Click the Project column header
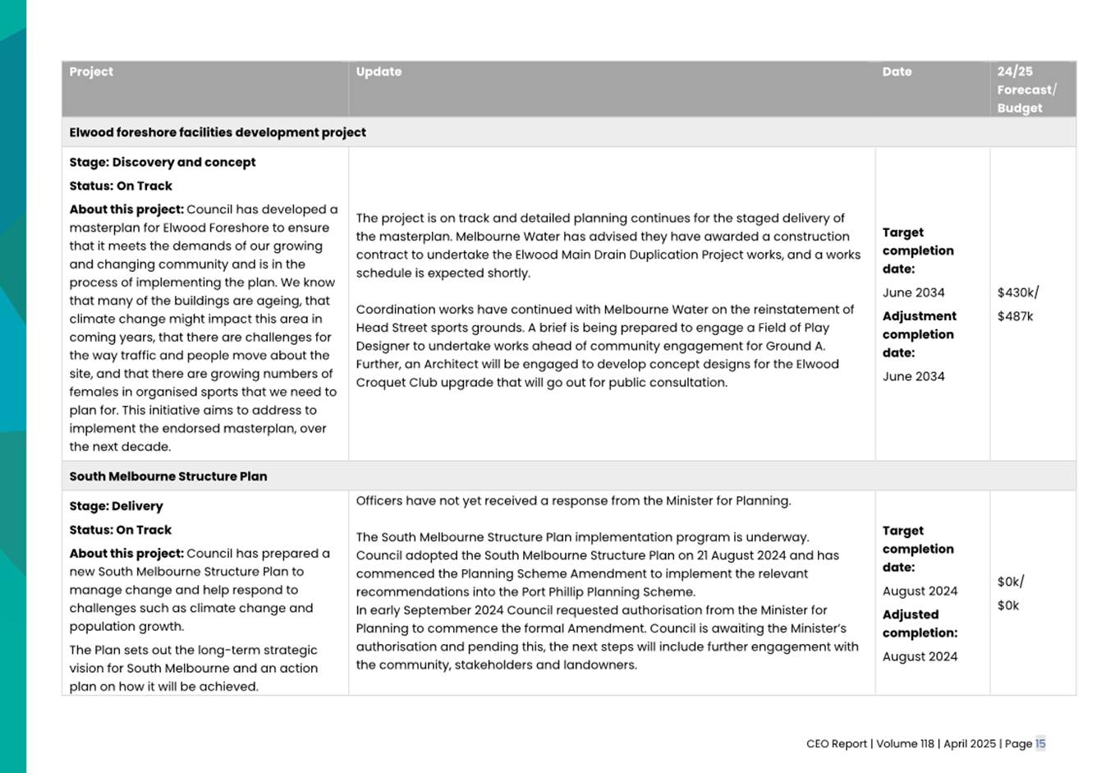click(x=91, y=71)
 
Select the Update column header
click(x=379, y=71)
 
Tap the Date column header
click(x=897, y=71)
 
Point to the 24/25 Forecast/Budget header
click(x=1026, y=90)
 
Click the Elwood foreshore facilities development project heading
click(x=218, y=132)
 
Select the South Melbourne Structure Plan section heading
click(x=168, y=476)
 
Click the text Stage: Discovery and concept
click(x=163, y=162)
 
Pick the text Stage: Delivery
click(x=116, y=506)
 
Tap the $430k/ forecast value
click(x=1018, y=292)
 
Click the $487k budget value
click(x=1015, y=316)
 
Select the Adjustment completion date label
click(x=919, y=334)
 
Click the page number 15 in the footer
click(x=1040, y=743)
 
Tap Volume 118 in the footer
click(x=905, y=743)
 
